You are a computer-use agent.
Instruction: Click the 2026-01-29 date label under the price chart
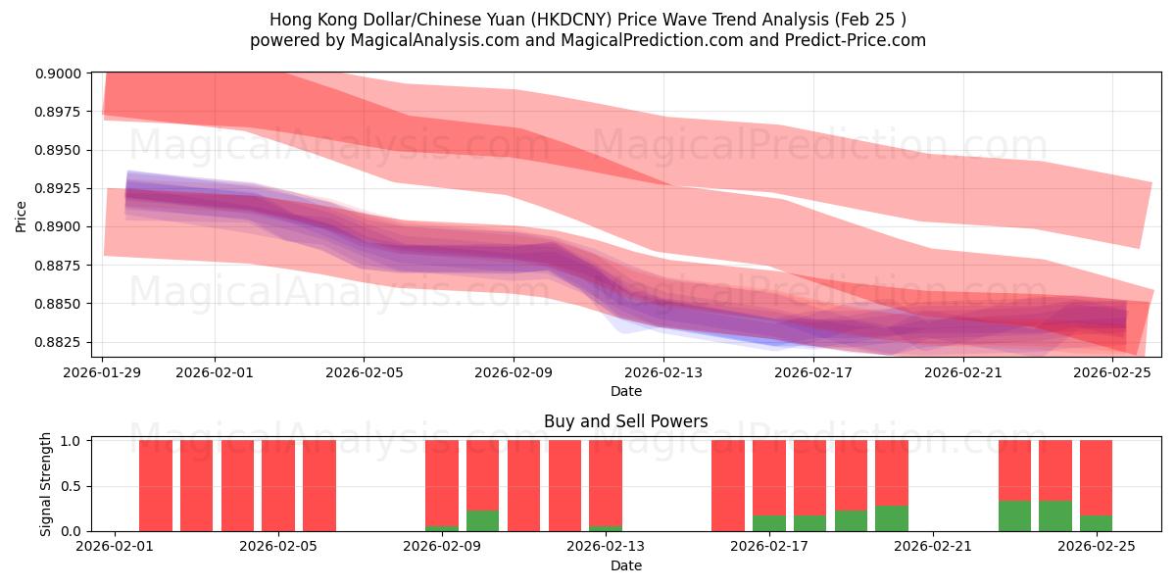(x=103, y=372)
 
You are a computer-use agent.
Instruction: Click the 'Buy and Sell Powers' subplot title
(x=625, y=421)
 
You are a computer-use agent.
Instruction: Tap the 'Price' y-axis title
(x=22, y=216)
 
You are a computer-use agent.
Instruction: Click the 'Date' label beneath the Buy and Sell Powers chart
(x=625, y=565)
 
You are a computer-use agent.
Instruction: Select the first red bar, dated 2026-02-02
(x=156, y=486)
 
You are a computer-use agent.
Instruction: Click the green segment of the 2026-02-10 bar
(x=482, y=521)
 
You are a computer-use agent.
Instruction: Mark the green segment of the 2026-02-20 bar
(x=891, y=518)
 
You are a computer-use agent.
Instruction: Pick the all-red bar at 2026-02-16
(x=728, y=486)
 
